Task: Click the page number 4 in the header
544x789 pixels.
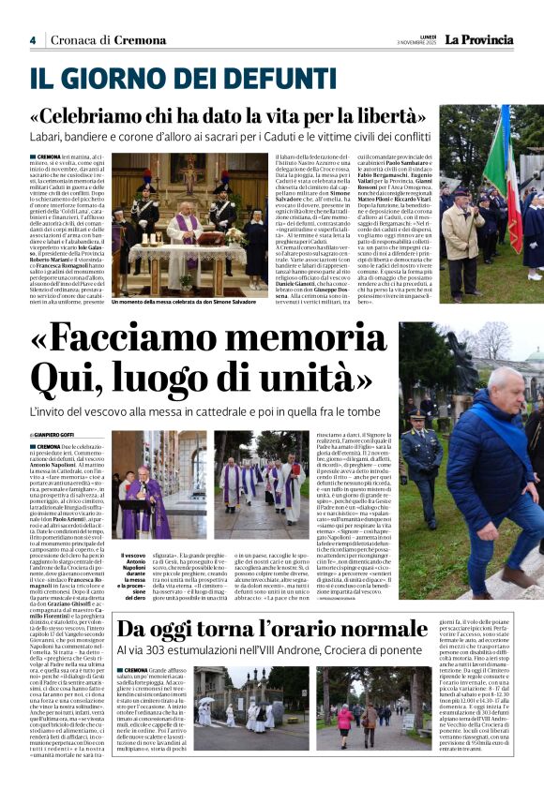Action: click(32, 40)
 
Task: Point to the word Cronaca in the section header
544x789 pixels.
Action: click(74, 40)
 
